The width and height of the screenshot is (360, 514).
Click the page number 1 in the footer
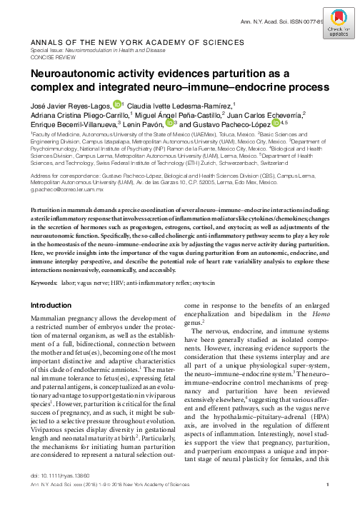tap(326, 503)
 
